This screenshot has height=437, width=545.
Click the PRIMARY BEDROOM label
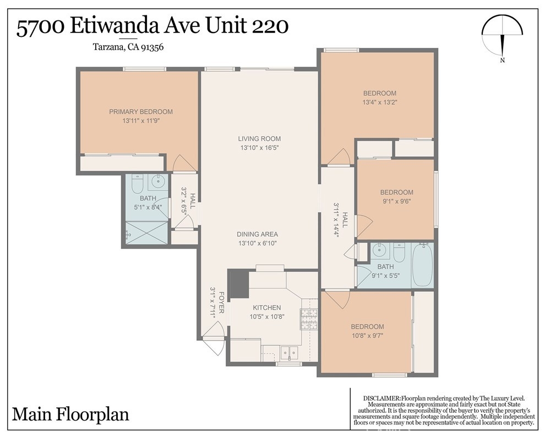(x=141, y=112)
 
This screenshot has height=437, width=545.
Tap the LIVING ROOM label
(x=259, y=139)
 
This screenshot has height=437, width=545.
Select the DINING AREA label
(x=257, y=234)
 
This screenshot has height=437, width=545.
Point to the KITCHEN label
(x=266, y=308)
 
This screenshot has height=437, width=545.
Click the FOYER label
(x=221, y=303)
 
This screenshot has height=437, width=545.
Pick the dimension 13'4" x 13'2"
(x=379, y=102)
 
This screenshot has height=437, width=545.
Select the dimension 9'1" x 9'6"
(x=396, y=201)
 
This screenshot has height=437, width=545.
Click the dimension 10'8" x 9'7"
(x=367, y=336)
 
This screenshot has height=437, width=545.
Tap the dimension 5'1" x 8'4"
(x=148, y=207)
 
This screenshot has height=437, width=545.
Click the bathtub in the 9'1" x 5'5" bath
(x=422, y=265)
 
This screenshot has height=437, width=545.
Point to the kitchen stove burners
(x=309, y=319)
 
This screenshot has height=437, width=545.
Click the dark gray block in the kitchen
(x=239, y=284)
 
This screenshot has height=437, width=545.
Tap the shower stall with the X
(x=146, y=232)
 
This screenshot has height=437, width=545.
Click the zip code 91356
(x=152, y=47)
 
